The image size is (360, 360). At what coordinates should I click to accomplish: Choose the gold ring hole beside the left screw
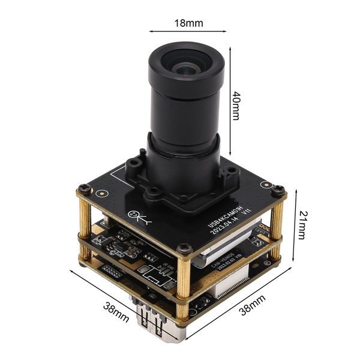pyautogui.click(x=103, y=194)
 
